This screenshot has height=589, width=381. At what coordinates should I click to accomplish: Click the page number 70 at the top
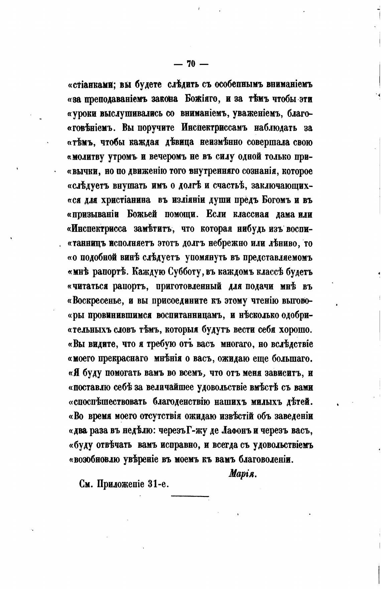[191, 64]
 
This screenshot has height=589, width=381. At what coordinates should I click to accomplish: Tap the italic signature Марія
[242, 474]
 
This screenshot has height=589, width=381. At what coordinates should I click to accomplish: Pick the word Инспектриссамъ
[214, 128]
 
